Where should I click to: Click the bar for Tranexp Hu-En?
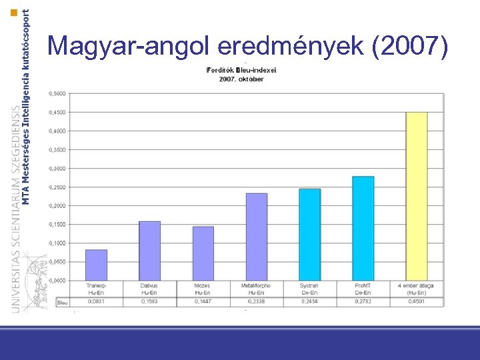pos(97,265)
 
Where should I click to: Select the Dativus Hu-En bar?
pos(149,251)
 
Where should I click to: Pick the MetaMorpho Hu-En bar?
pos(257,237)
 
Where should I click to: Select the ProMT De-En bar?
pos(363,228)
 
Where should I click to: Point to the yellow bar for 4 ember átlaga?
pos(417,196)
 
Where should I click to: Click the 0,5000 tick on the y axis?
pos(57,93)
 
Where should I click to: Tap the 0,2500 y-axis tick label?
pos(57,187)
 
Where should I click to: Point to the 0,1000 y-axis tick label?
pos(57,243)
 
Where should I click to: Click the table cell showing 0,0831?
pos(96,302)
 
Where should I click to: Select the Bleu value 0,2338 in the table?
pos(257,302)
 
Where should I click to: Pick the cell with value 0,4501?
pos(417,302)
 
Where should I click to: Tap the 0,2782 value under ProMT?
pos(363,302)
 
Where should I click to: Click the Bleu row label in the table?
pos(63,302)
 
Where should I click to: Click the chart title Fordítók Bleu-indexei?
pos(241,70)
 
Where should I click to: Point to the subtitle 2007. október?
pos(241,79)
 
